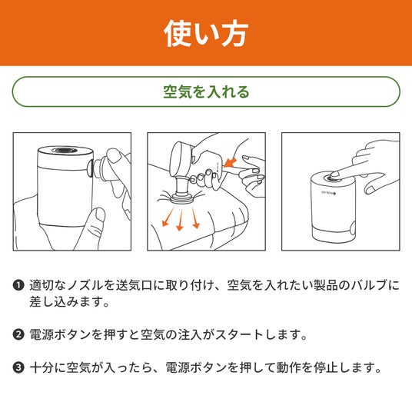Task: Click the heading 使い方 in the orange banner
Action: tap(206, 34)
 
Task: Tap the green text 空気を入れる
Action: tap(206, 92)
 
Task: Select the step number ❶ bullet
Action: tap(18, 285)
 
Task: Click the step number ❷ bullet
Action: tap(18, 335)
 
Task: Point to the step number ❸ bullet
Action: tap(18, 367)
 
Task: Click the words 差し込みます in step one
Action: tap(65, 302)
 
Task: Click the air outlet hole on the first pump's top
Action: tap(65, 151)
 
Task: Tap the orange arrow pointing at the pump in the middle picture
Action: tap(229, 163)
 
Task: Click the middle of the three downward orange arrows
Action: tap(181, 219)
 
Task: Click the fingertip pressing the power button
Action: tap(334, 174)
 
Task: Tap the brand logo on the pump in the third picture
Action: tap(329, 193)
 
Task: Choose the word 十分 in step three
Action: tap(42, 367)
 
